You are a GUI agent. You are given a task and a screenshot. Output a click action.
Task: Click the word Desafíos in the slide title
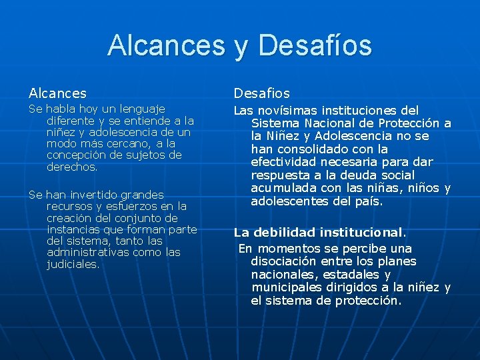[x=314, y=45]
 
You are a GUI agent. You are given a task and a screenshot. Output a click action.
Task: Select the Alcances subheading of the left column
[x=57, y=93]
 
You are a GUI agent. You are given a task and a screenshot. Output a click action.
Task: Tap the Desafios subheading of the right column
[x=261, y=93]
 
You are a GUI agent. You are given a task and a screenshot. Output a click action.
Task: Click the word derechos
[x=71, y=167]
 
